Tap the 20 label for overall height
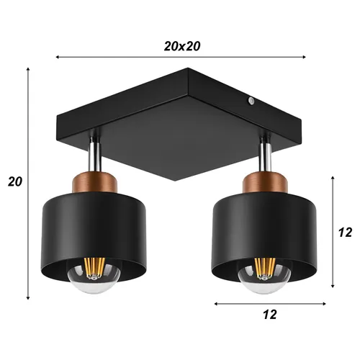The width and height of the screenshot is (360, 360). coord(14,181)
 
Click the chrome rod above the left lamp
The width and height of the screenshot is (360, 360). coord(94,153)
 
